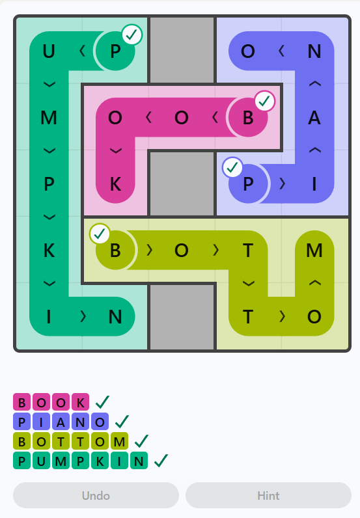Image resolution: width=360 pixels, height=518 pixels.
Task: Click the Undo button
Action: [x=96, y=495]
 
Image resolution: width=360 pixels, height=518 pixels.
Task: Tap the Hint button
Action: [x=268, y=495]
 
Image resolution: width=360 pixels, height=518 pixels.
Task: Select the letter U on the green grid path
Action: [x=49, y=51]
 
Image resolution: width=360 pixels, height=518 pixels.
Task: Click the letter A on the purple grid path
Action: [x=314, y=118]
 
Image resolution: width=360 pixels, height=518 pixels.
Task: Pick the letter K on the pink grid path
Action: [x=115, y=184]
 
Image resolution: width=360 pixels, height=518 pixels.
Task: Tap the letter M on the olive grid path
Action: [x=314, y=250]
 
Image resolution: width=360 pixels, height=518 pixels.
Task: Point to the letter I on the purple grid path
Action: [x=314, y=184]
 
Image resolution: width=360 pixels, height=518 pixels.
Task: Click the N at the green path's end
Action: [x=115, y=316]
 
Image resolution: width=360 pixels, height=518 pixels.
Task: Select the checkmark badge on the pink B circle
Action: [x=265, y=101]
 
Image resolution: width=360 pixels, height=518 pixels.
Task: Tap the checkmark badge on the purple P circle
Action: [x=232, y=167]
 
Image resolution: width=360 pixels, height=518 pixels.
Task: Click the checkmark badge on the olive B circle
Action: [x=100, y=234]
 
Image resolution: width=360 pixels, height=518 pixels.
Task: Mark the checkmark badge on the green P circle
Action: [x=132, y=34]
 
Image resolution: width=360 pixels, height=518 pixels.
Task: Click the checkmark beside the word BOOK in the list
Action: [x=102, y=402]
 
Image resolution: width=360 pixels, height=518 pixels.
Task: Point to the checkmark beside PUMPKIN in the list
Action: [x=161, y=461]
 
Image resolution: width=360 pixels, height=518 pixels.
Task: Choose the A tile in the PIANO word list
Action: [x=61, y=422]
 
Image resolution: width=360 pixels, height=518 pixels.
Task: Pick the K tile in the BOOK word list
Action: [x=80, y=402]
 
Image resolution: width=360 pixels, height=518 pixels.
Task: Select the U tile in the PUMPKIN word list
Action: [x=41, y=461]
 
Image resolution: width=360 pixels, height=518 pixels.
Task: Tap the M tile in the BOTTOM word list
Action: [x=119, y=441]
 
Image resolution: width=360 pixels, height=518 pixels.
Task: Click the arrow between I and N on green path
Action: [x=83, y=316]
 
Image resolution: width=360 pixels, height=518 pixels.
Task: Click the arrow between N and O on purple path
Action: [x=281, y=51]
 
